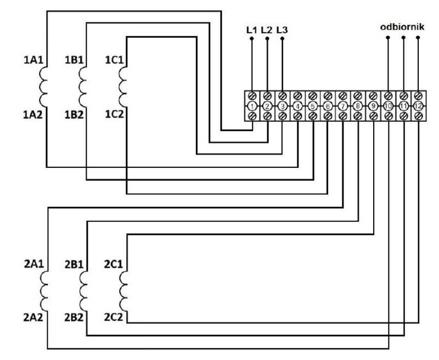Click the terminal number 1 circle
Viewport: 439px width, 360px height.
coord(252,106)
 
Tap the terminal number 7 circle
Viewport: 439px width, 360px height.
coord(342,106)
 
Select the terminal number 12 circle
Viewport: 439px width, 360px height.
coord(418,106)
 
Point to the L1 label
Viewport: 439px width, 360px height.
coord(251,30)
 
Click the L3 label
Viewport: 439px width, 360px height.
coord(282,30)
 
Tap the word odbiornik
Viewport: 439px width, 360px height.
coord(402,27)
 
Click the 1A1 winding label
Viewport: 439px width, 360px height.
coord(33,60)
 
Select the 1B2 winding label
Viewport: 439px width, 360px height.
coord(74,115)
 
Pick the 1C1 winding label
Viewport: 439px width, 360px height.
coord(114,60)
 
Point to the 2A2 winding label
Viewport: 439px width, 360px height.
coord(33,317)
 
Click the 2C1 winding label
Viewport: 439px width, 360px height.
coord(114,264)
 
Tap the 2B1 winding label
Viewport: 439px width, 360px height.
coord(74,265)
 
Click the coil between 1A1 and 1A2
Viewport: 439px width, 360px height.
coord(43,87)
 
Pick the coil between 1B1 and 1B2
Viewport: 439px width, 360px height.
coord(83,87)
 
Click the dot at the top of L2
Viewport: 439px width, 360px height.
coord(267,38)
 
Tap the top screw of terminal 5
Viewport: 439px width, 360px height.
coord(312,96)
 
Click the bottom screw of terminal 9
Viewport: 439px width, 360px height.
coord(373,116)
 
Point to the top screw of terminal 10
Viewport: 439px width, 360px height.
coord(388,96)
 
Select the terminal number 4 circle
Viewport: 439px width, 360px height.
coord(297,106)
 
